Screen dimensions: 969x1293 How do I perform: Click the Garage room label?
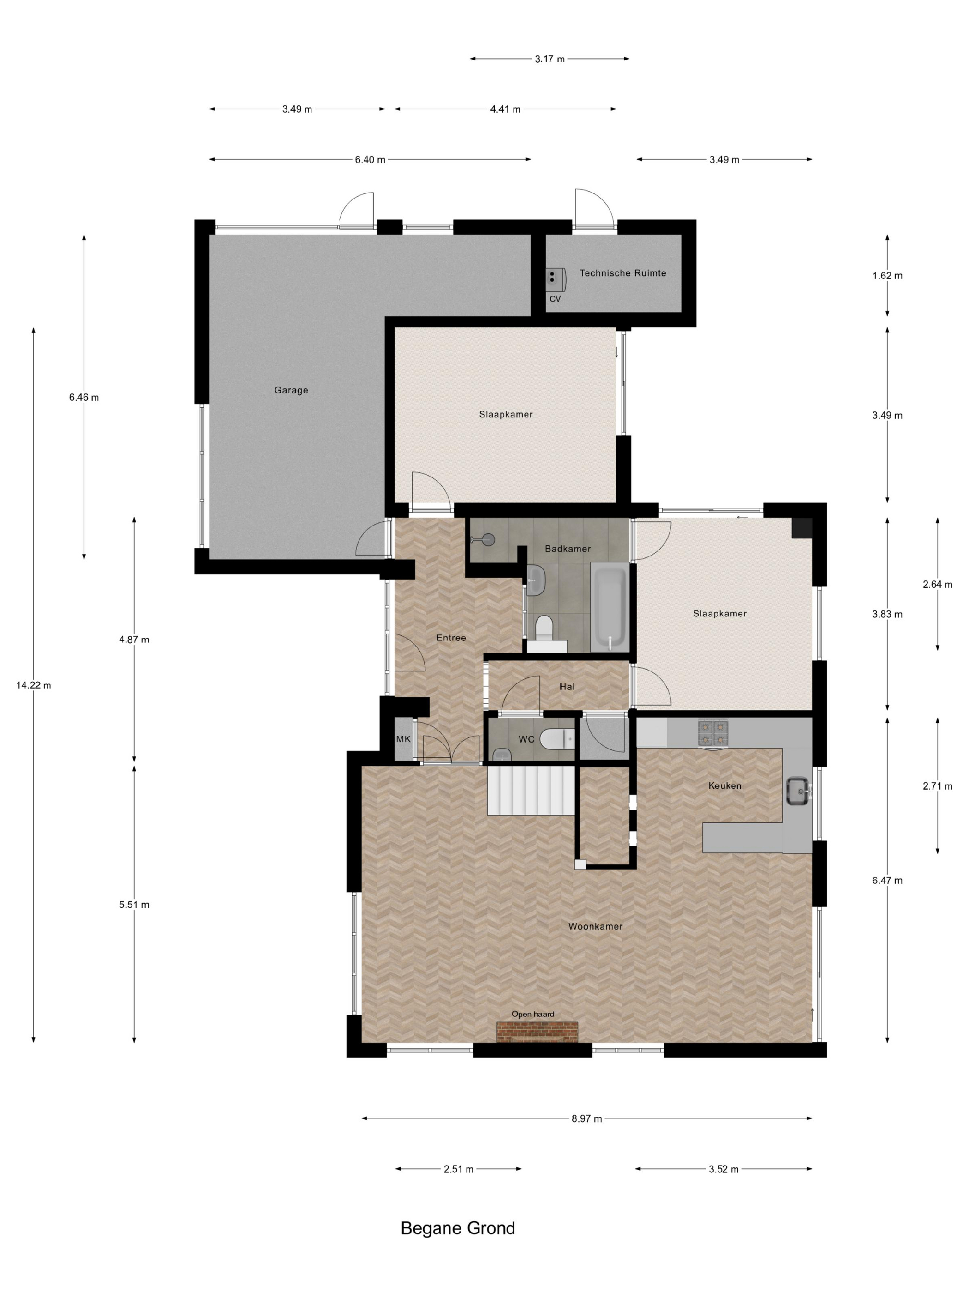pos(291,390)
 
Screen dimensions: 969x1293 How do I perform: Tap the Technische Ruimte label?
pos(622,273)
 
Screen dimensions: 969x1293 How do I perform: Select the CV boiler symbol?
pos(555,279)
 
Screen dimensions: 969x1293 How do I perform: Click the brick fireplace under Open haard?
pos(537,1032)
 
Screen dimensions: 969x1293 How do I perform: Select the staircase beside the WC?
pos(531,791)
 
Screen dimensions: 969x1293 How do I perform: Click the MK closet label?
pos(403,739)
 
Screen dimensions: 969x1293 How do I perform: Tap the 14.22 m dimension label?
pos(33,685)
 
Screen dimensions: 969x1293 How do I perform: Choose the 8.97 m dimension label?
pos(586,1118)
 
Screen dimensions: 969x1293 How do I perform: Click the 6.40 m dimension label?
pos(370,160)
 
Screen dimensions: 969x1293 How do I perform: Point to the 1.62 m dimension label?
pos(887,275)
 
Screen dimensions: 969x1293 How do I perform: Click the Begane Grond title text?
pos(458,1228)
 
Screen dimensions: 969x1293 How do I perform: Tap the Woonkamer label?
pos(595,926)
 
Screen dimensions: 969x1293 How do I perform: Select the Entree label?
pos(451,638)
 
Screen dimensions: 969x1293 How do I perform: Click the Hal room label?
pos(567,686)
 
